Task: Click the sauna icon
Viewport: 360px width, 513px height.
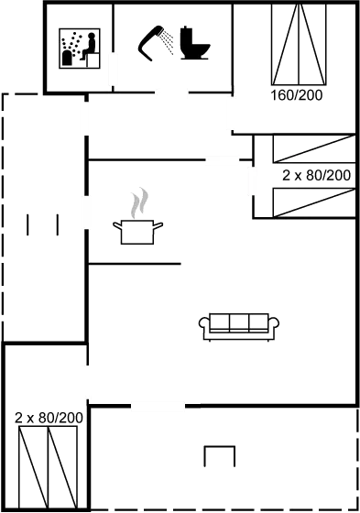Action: [80, 49]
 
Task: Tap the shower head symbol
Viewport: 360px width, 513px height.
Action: [149, 42]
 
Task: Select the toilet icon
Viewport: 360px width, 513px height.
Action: [194, 43]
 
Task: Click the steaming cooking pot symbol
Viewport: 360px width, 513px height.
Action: [137, 216]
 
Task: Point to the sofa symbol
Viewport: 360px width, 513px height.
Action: [239, 327]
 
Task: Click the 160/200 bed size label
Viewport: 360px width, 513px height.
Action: [297, 95]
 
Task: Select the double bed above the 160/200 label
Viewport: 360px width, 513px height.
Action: [299, 45]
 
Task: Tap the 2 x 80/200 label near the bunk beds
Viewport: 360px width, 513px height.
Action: [316, 175]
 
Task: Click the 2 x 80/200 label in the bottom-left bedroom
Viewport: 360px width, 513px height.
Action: [49, 418]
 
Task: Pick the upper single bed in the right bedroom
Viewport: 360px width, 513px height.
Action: [314, 148]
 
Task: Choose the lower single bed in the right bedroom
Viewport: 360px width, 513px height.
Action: [314, 202]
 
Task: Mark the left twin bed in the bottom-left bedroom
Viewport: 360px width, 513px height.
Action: [33, 467]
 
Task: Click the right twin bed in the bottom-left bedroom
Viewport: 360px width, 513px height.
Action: [62, 467]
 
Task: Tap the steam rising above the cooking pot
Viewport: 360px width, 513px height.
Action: [139, 202]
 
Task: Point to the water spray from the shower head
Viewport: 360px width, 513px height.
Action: [169, 42]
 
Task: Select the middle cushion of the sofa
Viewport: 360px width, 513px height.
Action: [239, 322]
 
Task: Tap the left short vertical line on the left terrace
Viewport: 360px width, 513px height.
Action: [27, 224]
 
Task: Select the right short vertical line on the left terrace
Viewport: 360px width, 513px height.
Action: [58, 224]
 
